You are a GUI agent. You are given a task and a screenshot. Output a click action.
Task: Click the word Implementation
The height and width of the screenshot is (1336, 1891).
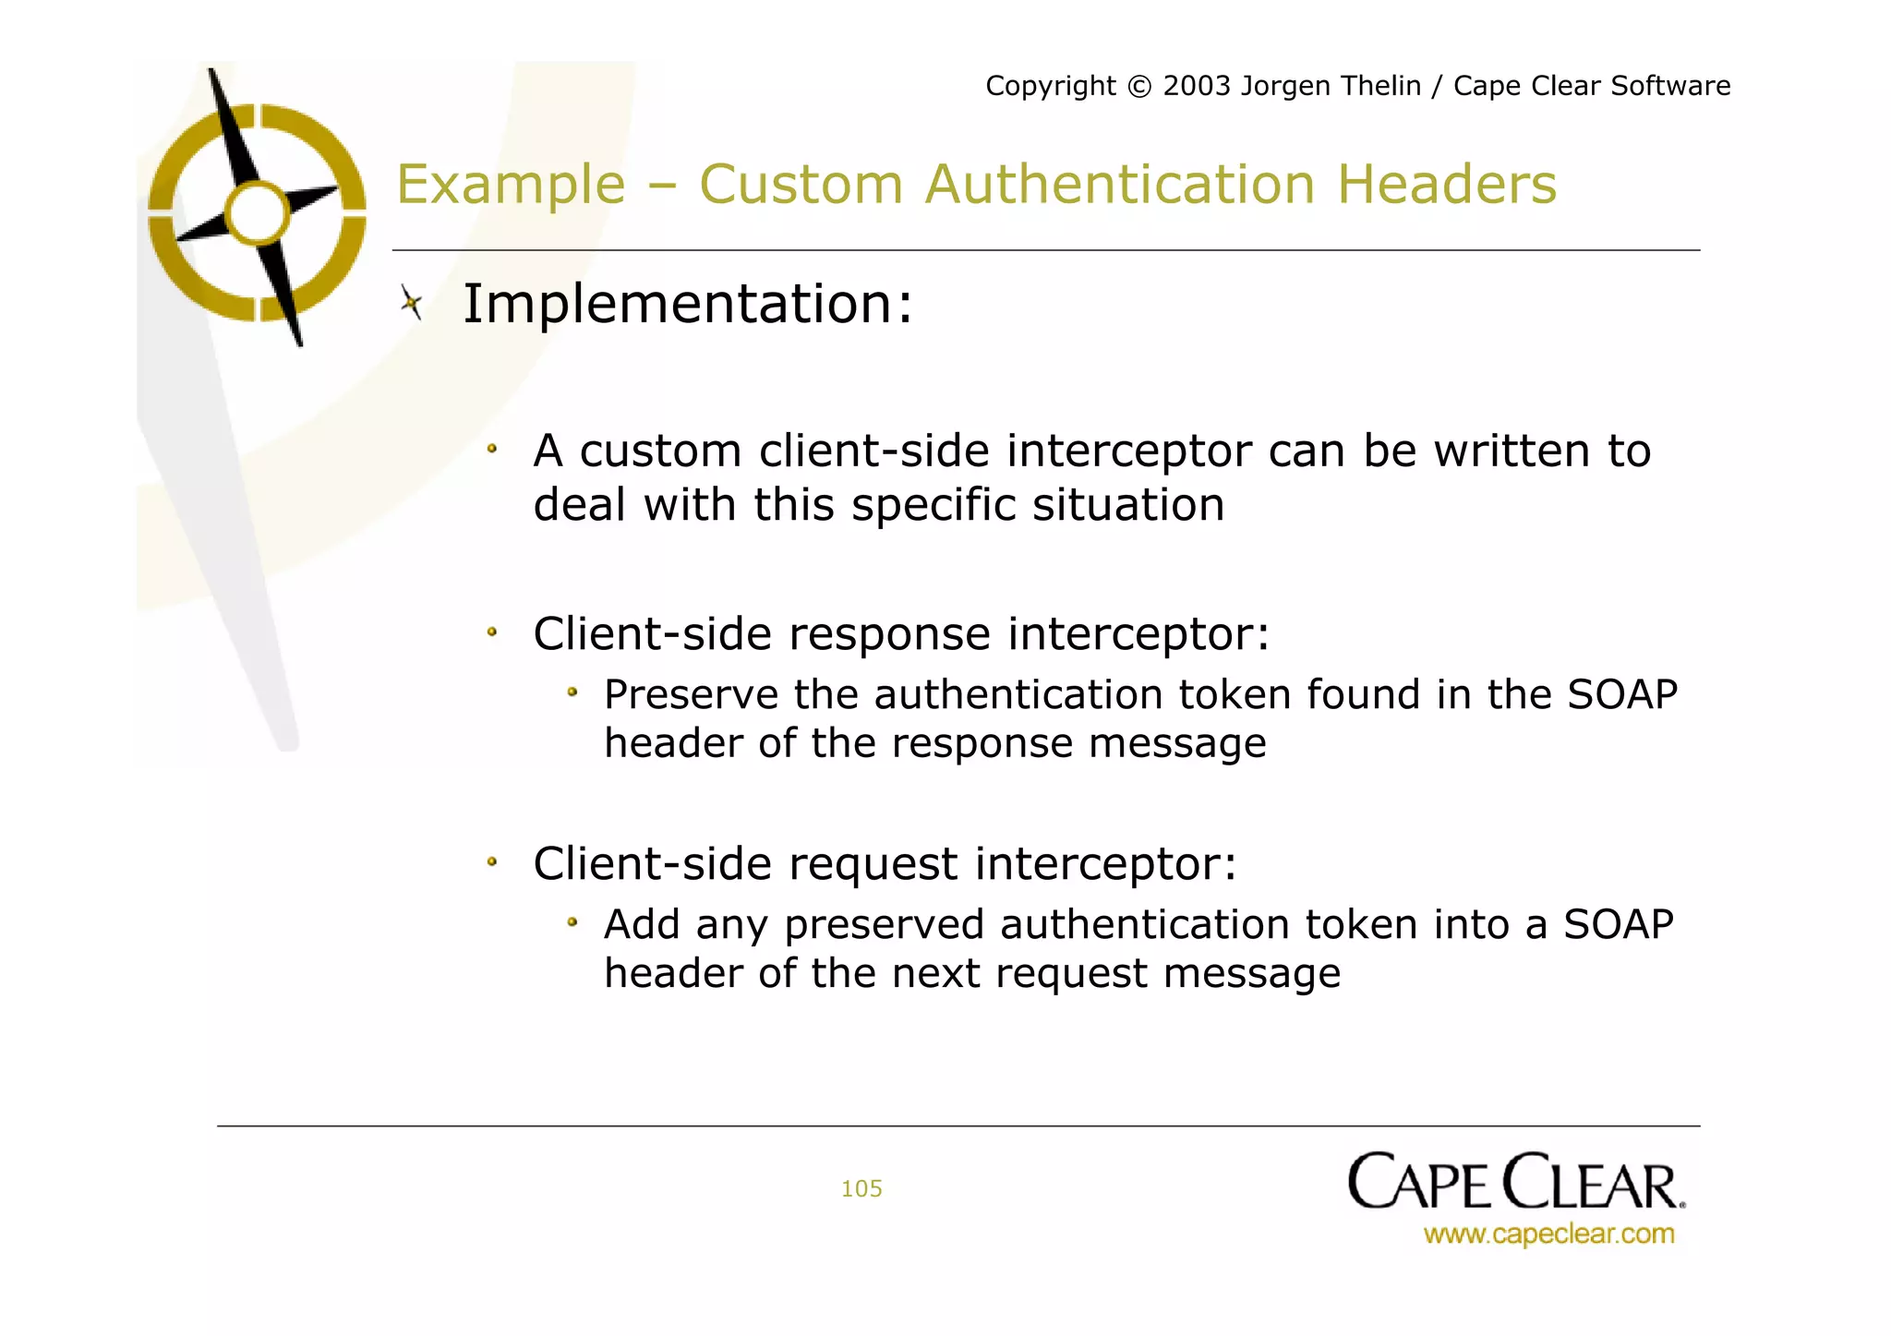(679, 304)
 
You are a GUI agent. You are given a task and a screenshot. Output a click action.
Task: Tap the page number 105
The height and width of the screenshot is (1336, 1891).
(861, 1188)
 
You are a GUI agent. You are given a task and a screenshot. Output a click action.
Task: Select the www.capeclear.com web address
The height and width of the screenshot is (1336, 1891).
(1548, 1234)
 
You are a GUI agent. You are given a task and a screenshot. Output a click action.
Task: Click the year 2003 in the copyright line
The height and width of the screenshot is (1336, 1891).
(1197, 86)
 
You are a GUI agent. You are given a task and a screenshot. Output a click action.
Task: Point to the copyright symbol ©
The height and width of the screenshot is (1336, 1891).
(1139, 87)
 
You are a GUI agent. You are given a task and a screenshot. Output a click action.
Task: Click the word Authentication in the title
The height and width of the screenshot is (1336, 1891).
(1119, 184)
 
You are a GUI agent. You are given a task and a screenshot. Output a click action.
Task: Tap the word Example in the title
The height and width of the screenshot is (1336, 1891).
(511, 184)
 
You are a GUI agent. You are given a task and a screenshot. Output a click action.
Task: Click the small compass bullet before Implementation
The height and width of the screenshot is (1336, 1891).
(411, 302)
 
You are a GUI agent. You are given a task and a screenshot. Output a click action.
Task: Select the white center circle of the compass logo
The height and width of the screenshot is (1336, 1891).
(258, 213)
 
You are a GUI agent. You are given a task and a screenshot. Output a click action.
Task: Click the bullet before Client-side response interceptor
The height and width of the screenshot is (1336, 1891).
(492, 632)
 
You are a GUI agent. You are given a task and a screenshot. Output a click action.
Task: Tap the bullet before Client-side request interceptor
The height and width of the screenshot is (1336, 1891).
(492, 862)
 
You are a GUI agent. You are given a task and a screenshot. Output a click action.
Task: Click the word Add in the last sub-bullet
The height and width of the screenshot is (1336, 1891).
(642, 924)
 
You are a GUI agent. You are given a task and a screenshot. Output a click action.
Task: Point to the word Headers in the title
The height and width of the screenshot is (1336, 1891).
(1446, 184)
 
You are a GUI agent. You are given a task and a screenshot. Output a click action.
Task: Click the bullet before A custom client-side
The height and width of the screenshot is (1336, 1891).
(492, 450)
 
